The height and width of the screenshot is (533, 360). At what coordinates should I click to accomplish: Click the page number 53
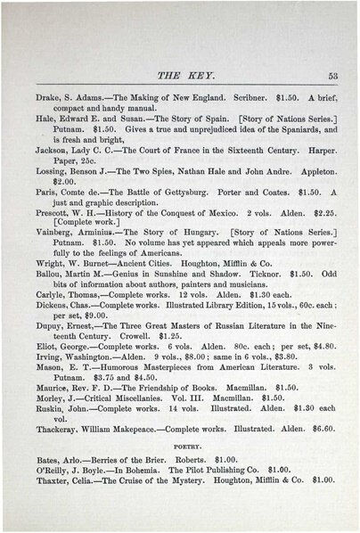coord(331,76)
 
